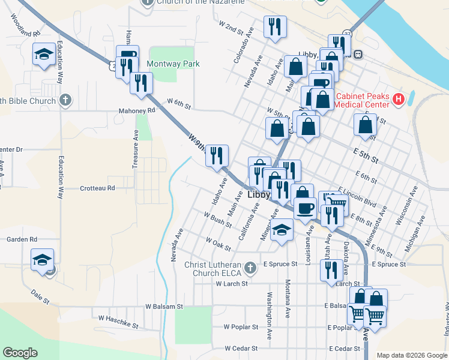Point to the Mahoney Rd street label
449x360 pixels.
coord(137,110)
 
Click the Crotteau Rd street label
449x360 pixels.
coord(97,188)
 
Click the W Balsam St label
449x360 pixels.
coord(164,306)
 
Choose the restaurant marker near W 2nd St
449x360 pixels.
coord(275,26)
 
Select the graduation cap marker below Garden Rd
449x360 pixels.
coord(42,260)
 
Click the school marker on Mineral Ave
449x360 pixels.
coord(282,230)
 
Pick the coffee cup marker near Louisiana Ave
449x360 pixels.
coord(306,208)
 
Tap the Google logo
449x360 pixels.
coord(20,353)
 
